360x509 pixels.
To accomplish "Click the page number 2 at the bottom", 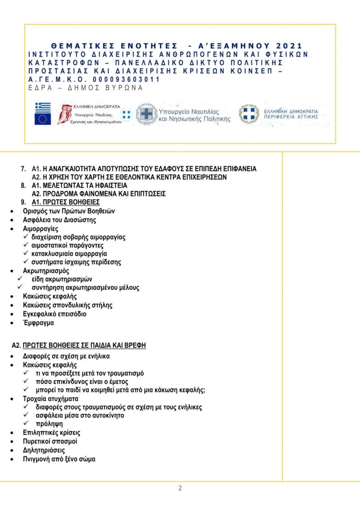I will point(180,488).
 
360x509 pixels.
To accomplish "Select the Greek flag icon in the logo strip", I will point(43,107).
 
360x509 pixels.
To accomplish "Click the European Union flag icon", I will point(43,119).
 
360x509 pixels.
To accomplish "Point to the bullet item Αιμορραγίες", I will point(40,229).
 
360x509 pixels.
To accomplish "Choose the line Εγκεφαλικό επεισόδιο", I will point(54,314).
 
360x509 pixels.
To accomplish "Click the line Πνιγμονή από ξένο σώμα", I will point(59,459).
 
